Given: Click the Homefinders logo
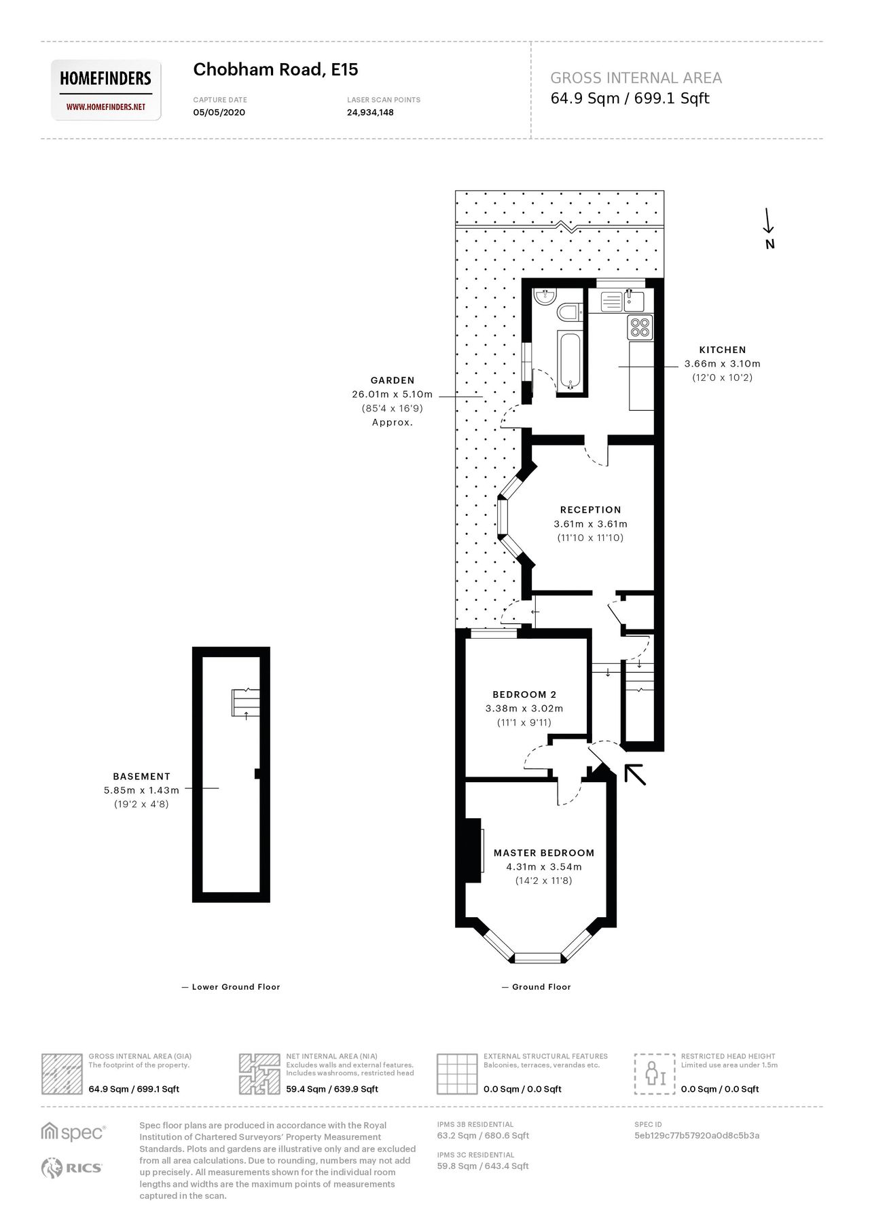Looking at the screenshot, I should [x=106, y=90].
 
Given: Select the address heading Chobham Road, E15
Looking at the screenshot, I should [x=275, y=69].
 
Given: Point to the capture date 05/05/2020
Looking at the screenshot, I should [x=219, y=113].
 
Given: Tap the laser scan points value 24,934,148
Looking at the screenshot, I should [x=370, y=113].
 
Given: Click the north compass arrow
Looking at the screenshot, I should [x=769, y=221].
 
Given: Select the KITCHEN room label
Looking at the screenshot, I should [x=723, y=350].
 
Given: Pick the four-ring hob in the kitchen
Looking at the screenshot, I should [x=640, y=327].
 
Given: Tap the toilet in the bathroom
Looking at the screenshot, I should [x=568, y=312].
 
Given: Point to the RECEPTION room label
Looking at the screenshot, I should [x=590, y=510].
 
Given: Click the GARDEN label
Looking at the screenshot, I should [x=393, y=381].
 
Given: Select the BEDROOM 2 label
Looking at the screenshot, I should [x=524, y=695].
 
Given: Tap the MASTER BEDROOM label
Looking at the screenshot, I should [x=544, y=853].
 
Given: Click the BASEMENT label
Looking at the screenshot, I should [x=141, y=777].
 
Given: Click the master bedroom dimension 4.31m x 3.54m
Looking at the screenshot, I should [x=544, y=867].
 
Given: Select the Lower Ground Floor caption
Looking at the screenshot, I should [x=236, y=987].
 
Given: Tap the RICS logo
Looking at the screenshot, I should [x=72, y=1168].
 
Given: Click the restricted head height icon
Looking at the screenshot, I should [x=655, y=1074].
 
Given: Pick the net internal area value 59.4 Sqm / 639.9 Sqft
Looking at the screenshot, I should [x=332, y=1089].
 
